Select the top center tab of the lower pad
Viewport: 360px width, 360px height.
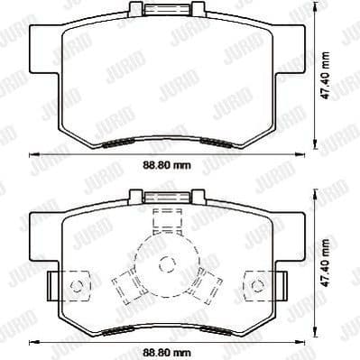coord(163,196)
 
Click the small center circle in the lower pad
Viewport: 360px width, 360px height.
coord(164,264)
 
